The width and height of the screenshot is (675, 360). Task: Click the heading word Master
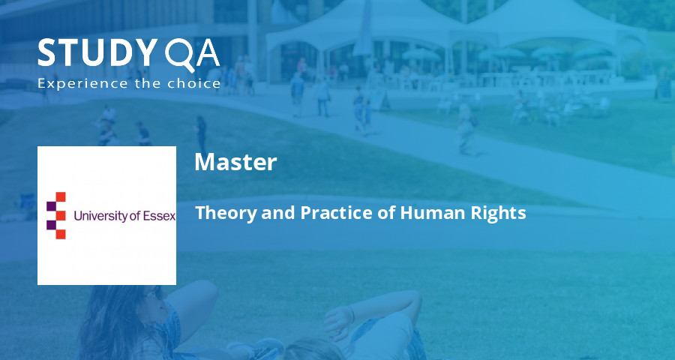click(235, 162)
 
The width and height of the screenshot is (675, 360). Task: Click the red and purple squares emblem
click(56, 215)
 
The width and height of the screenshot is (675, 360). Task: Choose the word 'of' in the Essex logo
click(136, 216)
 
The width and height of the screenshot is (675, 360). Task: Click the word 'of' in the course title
click(386, 213)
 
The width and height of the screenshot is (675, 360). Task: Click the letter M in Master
click(202, 162)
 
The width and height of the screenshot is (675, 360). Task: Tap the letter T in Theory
click(200, 213)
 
